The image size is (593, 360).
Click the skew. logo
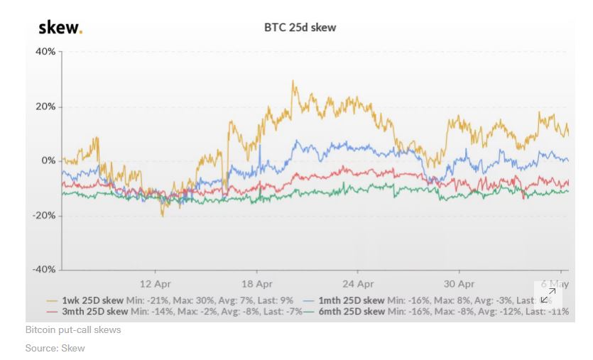coord(60,28)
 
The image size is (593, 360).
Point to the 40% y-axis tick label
coord(45,52)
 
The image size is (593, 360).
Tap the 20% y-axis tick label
coord(45,107)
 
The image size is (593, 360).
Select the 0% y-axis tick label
coord(48,160)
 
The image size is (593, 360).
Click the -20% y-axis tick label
coord(44,215)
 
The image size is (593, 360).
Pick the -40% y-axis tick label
coord(44,269)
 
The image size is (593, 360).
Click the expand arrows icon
coord(548,295)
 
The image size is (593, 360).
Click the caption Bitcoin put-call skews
coord(73,330)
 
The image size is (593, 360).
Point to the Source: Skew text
coord(55,348)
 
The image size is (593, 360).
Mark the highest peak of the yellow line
coord(293,81)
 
